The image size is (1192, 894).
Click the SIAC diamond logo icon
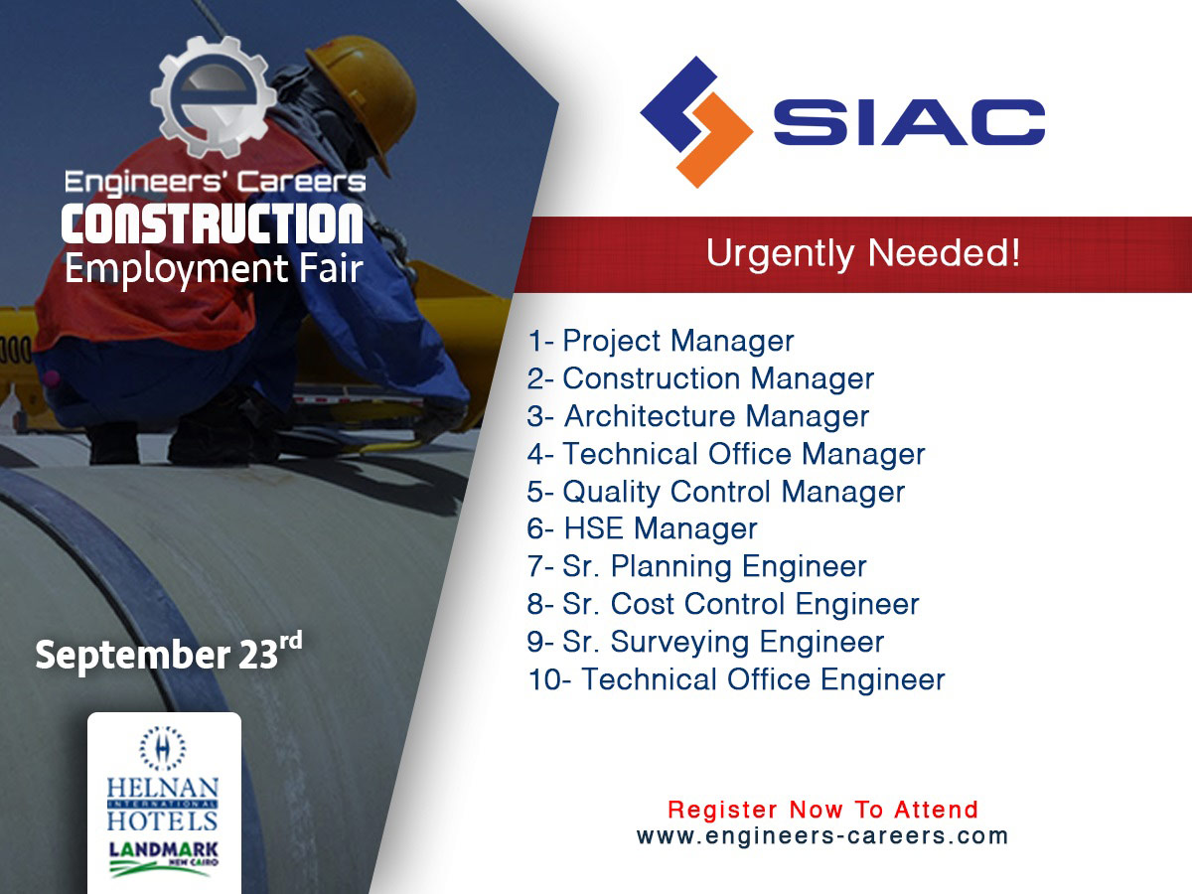click(696, 122)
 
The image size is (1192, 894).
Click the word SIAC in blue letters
click(909, 122)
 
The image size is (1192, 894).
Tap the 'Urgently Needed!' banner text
click(863, 254)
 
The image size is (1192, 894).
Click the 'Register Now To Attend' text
click(822, 810)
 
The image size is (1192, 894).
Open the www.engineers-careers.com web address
click(822, 836)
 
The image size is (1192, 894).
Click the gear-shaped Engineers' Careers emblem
click(214, 96)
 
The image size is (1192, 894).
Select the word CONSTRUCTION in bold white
click(212, 223)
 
